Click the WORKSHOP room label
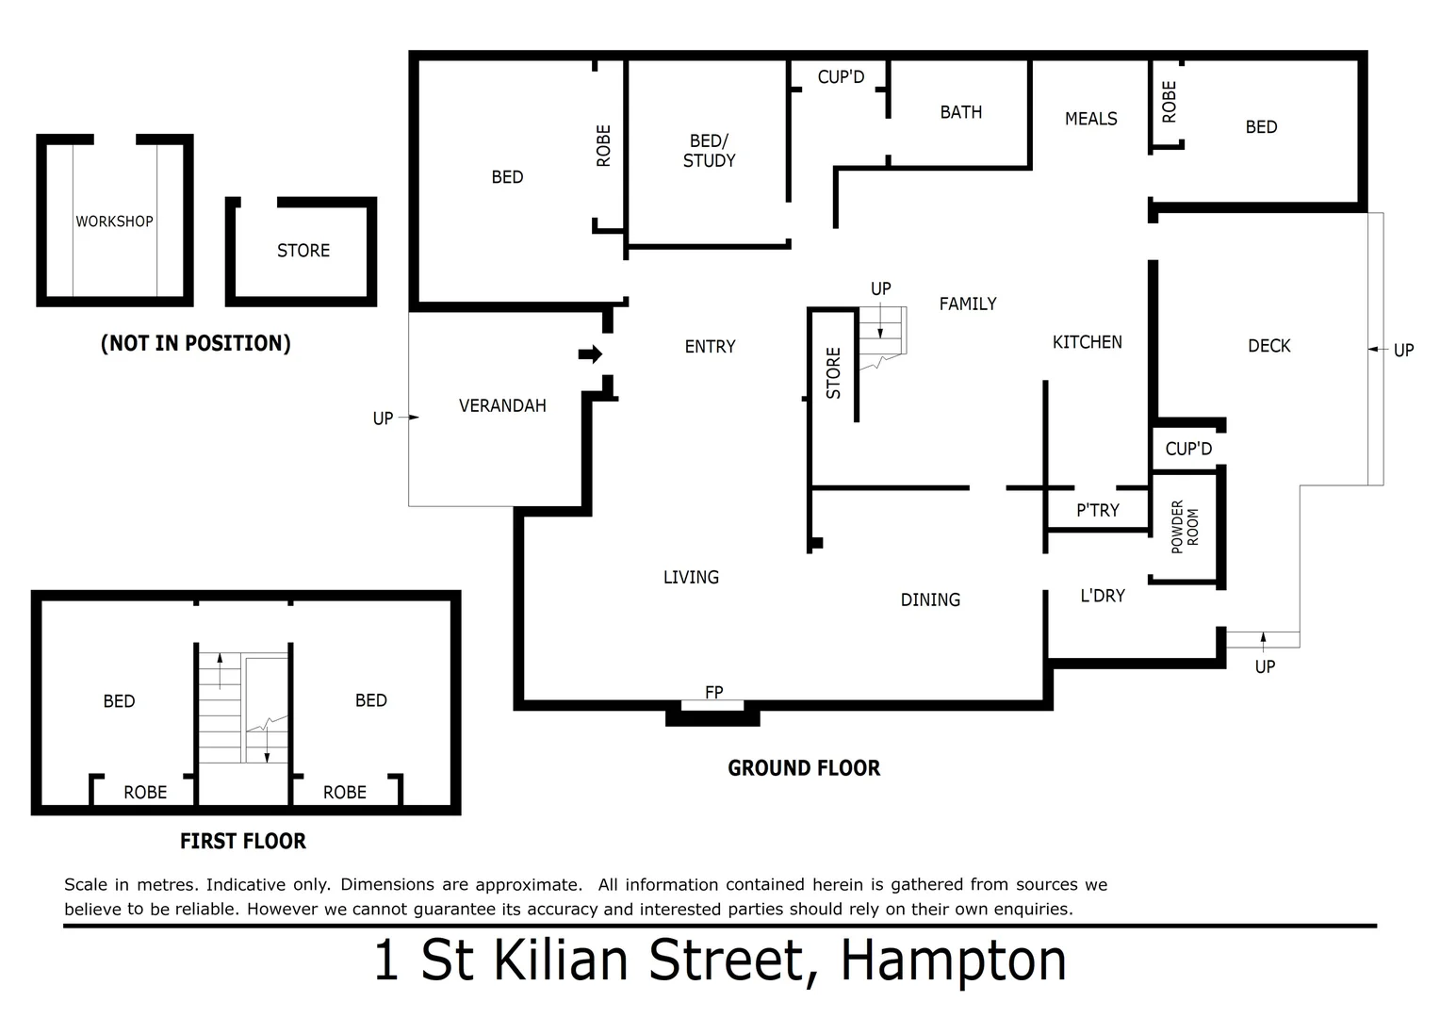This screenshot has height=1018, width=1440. click(114, 222)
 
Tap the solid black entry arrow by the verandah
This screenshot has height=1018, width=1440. click(590, 354)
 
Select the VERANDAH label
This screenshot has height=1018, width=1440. click(502, 406)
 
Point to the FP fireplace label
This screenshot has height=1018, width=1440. click(714, 693)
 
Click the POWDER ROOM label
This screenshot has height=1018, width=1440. click(1185, 526)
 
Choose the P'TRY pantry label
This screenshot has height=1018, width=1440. click(1098, 510)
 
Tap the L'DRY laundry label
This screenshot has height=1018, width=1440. click(1103, 596)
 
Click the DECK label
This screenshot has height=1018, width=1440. click(1268, 346)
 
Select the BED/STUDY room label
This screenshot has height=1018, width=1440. click(709, 151)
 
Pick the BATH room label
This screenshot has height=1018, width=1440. click(960, 112)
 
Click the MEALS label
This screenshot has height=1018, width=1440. click(1090, 119)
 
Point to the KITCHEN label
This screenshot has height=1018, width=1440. click(1087, 342)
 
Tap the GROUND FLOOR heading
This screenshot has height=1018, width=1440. click(804, 768)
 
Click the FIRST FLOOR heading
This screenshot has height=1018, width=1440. click(243, 841)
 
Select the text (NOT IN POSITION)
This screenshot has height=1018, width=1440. click(196, 343)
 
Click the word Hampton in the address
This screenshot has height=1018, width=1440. click(953, 961)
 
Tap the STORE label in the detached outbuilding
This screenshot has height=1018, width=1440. click(303, 251)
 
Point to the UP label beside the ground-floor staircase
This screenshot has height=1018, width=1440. click(880, 289)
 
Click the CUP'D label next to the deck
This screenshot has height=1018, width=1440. click(1188, 449)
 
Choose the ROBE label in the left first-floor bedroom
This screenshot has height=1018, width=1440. click(145, 793)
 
